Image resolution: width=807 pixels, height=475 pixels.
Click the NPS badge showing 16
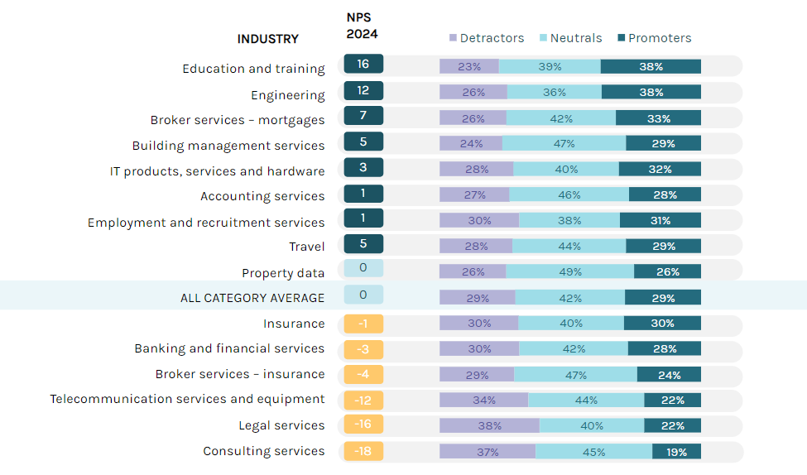point(363,65)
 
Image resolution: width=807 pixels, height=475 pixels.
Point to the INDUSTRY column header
point(268,39)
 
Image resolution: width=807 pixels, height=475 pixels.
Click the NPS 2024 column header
point(362,26)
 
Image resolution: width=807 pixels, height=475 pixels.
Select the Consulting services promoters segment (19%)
point(676,452)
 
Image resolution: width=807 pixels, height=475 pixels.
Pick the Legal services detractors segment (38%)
point(489,426)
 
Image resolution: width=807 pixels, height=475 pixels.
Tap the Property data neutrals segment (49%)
point(569,272)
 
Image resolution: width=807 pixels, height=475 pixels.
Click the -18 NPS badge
point(363,451)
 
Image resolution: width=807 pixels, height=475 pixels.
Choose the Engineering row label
point(288,95)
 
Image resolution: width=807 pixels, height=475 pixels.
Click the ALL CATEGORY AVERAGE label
point(252,298)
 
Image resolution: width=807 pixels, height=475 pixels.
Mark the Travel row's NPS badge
point(363,244)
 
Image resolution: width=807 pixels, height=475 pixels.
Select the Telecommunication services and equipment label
point(187,399)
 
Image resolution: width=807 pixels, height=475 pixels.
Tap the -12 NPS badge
point(363,400)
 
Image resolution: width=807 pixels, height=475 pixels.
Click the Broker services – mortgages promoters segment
point(658,118)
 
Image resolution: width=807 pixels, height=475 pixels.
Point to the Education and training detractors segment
point(468,67)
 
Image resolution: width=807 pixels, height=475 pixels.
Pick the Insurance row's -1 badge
point(363,323)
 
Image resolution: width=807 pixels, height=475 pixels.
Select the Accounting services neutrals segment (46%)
point(569,195)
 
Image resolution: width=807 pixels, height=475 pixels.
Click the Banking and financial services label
point(229,348)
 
